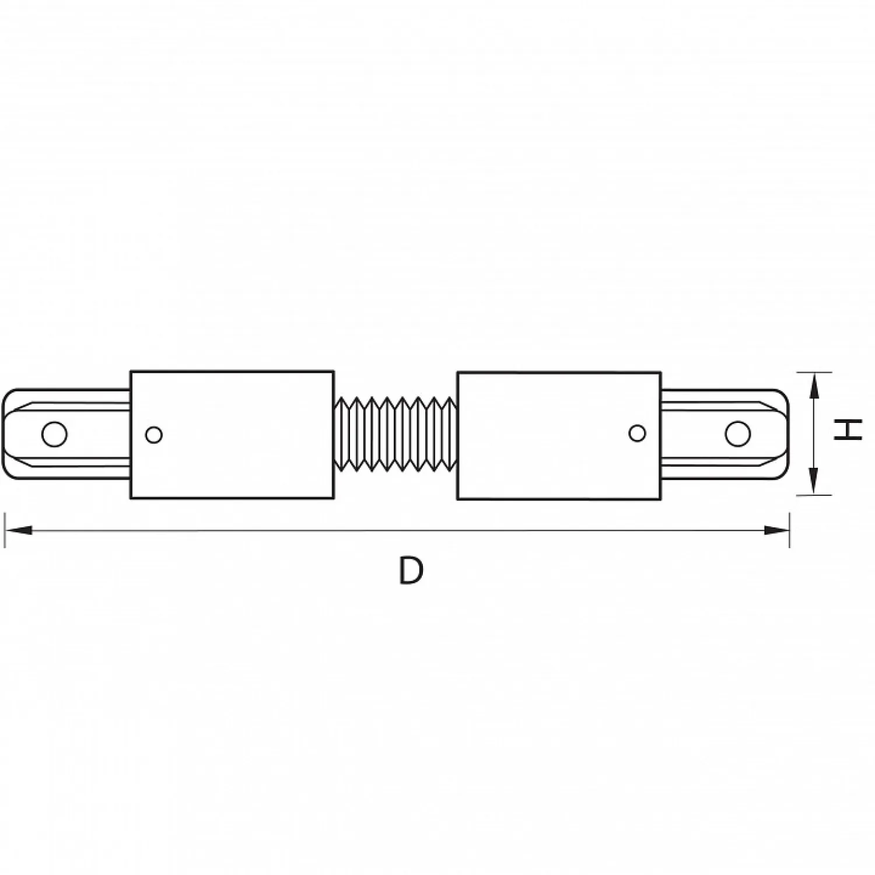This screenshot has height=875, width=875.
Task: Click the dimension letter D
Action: point(411,570)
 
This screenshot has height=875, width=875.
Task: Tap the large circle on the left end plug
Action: point(54,434)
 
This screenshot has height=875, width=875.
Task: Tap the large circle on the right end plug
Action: point(737,433)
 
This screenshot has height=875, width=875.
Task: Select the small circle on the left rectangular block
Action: point(153,435)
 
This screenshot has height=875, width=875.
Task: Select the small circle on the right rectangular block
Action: point(637,433)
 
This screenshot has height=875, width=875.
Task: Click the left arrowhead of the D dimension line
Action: point(17,530)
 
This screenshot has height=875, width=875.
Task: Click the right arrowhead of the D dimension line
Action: point(776,530)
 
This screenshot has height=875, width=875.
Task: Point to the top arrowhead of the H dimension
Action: point(814,386)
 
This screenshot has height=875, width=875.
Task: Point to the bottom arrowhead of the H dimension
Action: point(814,481)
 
